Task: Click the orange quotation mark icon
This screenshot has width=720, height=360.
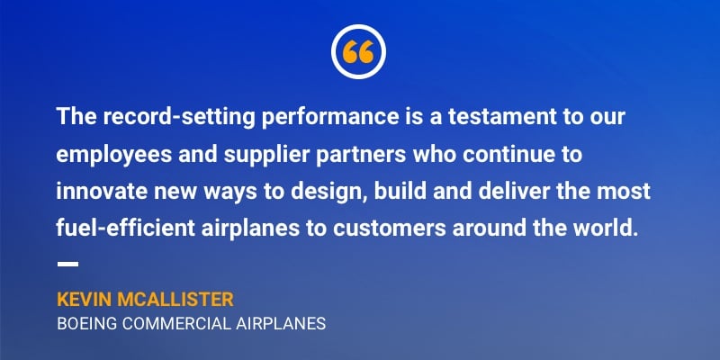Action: [358, 52]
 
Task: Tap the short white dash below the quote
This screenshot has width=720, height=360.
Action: [67, 264]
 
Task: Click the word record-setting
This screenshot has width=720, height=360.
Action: [178, 117]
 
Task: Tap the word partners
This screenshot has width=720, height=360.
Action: [361, 155]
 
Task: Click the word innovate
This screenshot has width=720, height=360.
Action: [102, 192]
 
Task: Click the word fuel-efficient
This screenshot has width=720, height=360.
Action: [126, 229]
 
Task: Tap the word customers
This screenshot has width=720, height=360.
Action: [390, 229]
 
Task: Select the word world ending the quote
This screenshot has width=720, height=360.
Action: [612, 229]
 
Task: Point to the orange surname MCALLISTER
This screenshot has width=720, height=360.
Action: [175, 300]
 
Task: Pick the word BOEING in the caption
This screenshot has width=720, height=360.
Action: [87, 324]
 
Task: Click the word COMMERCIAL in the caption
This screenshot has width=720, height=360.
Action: [176, 324]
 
